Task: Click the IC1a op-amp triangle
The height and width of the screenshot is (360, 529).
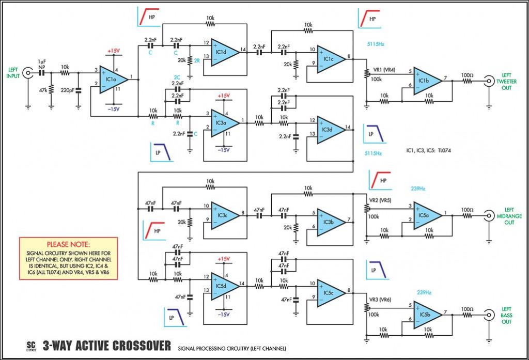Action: (x=114, y=80)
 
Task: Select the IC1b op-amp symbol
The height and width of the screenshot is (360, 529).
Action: (x=427, y=81)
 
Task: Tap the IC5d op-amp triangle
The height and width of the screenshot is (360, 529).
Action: (x=225, y=287)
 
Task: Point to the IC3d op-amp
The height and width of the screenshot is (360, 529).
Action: (x=331, y=130)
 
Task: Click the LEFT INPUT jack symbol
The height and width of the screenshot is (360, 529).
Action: (x=27, y=73)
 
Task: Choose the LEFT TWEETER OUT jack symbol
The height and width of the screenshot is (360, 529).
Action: (x=489, y=81)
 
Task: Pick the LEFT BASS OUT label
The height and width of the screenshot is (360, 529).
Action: (x=506, y=316)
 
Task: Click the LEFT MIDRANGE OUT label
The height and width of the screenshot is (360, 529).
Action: (x=509, y=216)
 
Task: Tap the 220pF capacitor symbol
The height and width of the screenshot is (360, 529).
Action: (x=79, y=90)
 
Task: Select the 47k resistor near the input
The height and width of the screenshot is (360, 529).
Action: (x=51, y=90)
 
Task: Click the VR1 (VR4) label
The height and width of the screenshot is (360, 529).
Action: (x=384, y=70)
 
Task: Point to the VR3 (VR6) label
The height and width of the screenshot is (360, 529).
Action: (x=380, y=300)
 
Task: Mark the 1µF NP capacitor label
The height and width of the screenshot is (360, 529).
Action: (x=41, y=65)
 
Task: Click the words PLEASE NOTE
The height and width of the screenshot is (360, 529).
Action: (x=68, y=244)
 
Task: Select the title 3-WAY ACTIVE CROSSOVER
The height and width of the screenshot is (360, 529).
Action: (x=106, y=346)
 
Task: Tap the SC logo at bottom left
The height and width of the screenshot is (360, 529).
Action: (x=30, y=346)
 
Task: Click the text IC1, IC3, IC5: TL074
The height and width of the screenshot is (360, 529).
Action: (x=428, y=150)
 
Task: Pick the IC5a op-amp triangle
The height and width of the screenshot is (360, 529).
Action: (x=427, y=215)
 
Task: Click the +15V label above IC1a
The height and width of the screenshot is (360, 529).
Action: (x=114, y=51)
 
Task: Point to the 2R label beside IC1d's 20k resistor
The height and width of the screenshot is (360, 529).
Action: (x=197, y=61)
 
